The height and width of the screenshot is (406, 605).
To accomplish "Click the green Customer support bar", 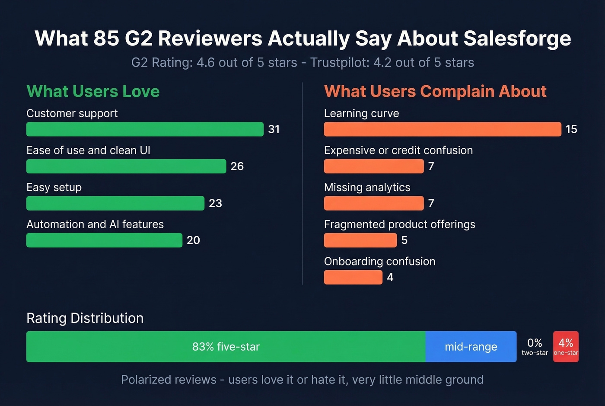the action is pyautogui.click(x=145, y=129).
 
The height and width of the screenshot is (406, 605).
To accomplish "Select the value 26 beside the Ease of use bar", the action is pyautogui.click(x=237, y=166).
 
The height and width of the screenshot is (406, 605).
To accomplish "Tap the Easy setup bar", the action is pyautogui.click(x=115, y=203).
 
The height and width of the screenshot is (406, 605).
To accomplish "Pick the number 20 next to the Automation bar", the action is pyautogui.click(x=193, y=240).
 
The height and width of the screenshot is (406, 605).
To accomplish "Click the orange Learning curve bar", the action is pyautogui.click(x=442, y=129).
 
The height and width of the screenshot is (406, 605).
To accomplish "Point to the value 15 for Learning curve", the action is pyautogui.click(x=571, y=129).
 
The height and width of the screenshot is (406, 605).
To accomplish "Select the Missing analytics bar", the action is pyautogui.click(x=374, y=203).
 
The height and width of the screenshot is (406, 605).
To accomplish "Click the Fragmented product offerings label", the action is pyautogui.click(x=399, y=224).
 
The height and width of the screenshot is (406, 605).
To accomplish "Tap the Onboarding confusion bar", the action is pyautogui.click(x=353, y=277).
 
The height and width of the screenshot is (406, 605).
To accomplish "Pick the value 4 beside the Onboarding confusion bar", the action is pyautogui.click(x=390, y=278).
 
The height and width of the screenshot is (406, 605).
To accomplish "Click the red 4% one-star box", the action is pyautogui.click(x=566, y=347).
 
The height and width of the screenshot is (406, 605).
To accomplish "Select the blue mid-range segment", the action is pyautogui.click(x=471, y=347).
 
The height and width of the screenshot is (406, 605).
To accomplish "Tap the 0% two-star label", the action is pyautogui.click(x=535, y=347).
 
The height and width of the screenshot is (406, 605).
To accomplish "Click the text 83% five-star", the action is pyautogui.click(x=226, y=347).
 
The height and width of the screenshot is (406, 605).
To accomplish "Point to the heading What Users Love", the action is pyautogui.click(x=93, y=92).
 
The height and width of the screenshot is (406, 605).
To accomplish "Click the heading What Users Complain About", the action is pyautogui.click(x=435, y=92).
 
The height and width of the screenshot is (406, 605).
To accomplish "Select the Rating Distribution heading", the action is pyautogui.click(x=85, y=318).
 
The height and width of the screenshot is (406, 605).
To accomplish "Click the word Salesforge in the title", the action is pyautogui.click(x=517, y=38).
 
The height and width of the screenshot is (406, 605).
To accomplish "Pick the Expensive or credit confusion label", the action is pyautogui.click(x=398, y=150).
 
